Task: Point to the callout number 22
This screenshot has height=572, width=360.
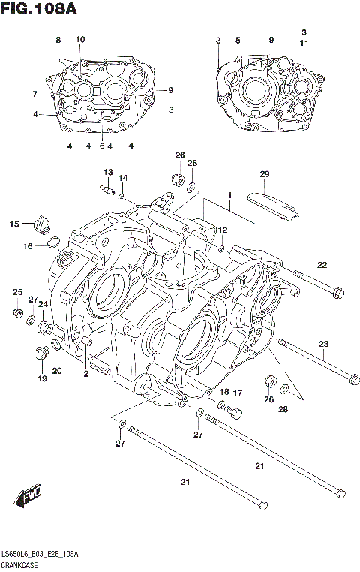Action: (x=322, y=264)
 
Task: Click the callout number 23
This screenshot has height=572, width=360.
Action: (x=323, y=345)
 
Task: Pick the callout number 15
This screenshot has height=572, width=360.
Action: (x=14, y=224)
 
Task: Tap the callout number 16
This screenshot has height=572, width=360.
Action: (x=27, y=245)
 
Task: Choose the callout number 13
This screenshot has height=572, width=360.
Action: (x=107, y=172)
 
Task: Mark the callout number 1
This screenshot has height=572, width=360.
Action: (x=230, y=197)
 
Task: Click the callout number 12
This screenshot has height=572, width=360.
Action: (x=223, y=229)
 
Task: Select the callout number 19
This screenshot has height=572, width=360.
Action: (x=43, y=379)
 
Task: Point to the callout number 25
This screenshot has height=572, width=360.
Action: (x=16, y=292)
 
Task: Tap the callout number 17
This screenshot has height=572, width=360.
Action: (x=237, y=393)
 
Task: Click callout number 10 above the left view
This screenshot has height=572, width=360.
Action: (x=80, y=39)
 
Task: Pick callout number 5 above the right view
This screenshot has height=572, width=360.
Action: (x=237, y=39)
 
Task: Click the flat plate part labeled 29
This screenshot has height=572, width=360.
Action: (x=277, y=206)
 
